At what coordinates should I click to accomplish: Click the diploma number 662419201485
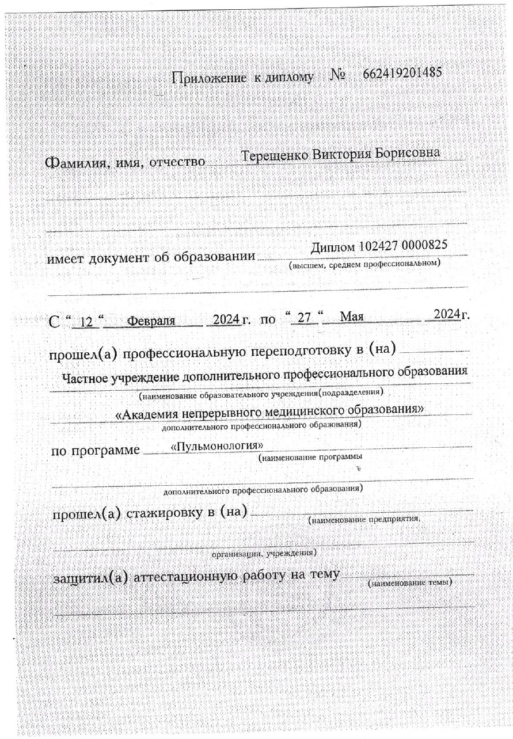click(402, 74)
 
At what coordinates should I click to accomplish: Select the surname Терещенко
click(274, 156)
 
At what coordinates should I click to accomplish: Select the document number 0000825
click(425, 246)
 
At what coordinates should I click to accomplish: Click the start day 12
click(88, 321)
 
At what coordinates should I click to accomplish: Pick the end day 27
click(303, 317)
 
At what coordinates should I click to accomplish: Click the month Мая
click(351, 317)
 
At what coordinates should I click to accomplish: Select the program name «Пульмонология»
click(218, 447)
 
